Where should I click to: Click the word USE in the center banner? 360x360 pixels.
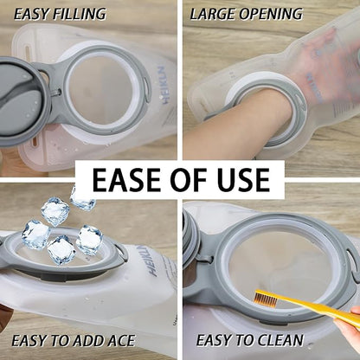(244, 179)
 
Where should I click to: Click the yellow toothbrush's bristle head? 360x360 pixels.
(265, 299)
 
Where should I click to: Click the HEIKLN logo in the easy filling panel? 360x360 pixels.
(166, 86)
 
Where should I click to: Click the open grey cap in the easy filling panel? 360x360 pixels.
(22, 101)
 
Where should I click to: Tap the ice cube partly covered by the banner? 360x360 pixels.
(83, 200)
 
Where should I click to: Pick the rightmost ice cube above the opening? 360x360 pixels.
(90, 240)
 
